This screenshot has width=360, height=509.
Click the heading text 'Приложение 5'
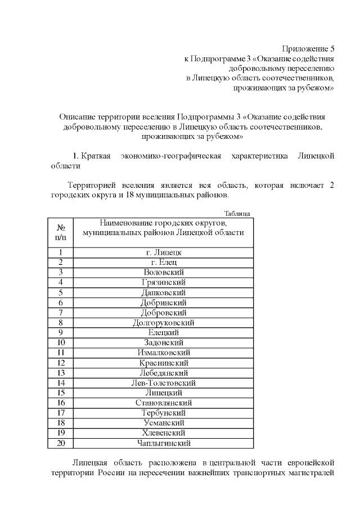(308, 49)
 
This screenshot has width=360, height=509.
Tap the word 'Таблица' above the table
(237, 214)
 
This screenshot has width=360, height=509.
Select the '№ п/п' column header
(61, 232)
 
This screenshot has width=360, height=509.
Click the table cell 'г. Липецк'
(164, 253)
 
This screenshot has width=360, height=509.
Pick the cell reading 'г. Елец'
(164, 263)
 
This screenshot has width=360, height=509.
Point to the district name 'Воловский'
(164, 272)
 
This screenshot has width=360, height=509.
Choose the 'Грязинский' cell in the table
(164, 282)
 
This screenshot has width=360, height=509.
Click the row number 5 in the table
(61, 292)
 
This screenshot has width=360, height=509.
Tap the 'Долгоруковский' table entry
(164, 323)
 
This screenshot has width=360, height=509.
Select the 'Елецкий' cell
(164, 332)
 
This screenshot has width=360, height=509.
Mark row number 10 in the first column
(61, 343)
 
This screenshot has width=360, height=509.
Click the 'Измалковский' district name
(164, 353)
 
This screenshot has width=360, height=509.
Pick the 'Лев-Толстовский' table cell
(164, 383)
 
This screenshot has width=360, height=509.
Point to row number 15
(61, 393)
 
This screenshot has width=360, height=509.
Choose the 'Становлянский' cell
(164, 403)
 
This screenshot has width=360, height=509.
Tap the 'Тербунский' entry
(164, 413)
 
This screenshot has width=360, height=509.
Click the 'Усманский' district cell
(164, 423)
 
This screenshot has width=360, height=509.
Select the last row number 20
(61, 443)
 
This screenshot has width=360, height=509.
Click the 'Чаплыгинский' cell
(164, 443)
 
